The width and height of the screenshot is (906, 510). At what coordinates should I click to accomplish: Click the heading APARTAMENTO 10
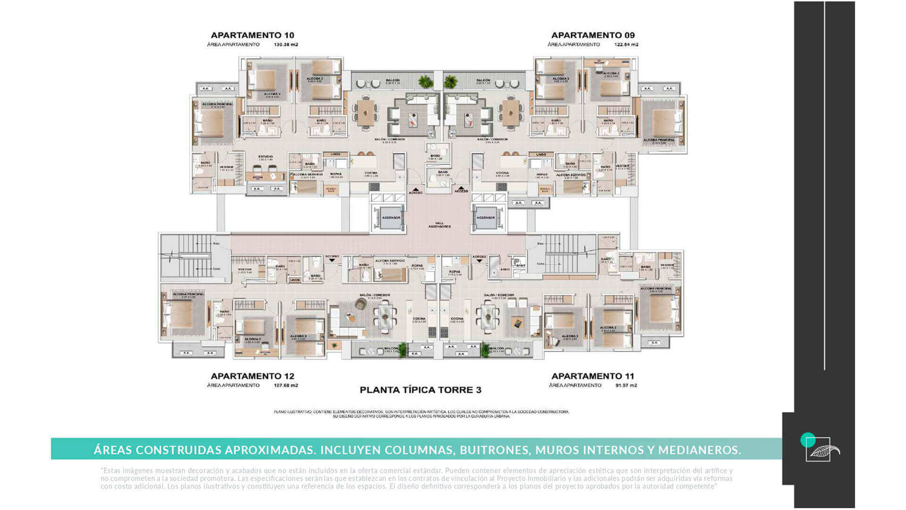(x=252, y=35)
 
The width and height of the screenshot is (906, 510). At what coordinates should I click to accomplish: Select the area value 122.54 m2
(x=626, y=45)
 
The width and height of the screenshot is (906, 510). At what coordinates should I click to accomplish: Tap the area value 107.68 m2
(x=285, y=385)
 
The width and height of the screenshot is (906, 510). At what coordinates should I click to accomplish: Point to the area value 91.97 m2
(x=626, y=385)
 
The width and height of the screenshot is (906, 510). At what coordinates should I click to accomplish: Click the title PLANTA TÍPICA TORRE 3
(x=420, y=390)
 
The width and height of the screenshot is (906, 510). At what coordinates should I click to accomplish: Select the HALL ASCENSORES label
(x=439, y=225)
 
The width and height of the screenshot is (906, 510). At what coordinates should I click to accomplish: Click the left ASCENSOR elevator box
(x=391, y=218)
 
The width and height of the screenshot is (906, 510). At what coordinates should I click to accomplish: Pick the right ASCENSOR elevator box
(x=486, y=218)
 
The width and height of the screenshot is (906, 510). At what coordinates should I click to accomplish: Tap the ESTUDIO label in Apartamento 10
(x=265, y=157)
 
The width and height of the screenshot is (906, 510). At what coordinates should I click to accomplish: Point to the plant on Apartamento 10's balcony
(x=426, y=82)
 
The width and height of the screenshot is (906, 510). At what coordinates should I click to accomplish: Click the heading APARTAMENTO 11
(x=593, y=376)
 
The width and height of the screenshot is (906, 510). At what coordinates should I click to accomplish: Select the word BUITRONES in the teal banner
(x=494, y=450)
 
